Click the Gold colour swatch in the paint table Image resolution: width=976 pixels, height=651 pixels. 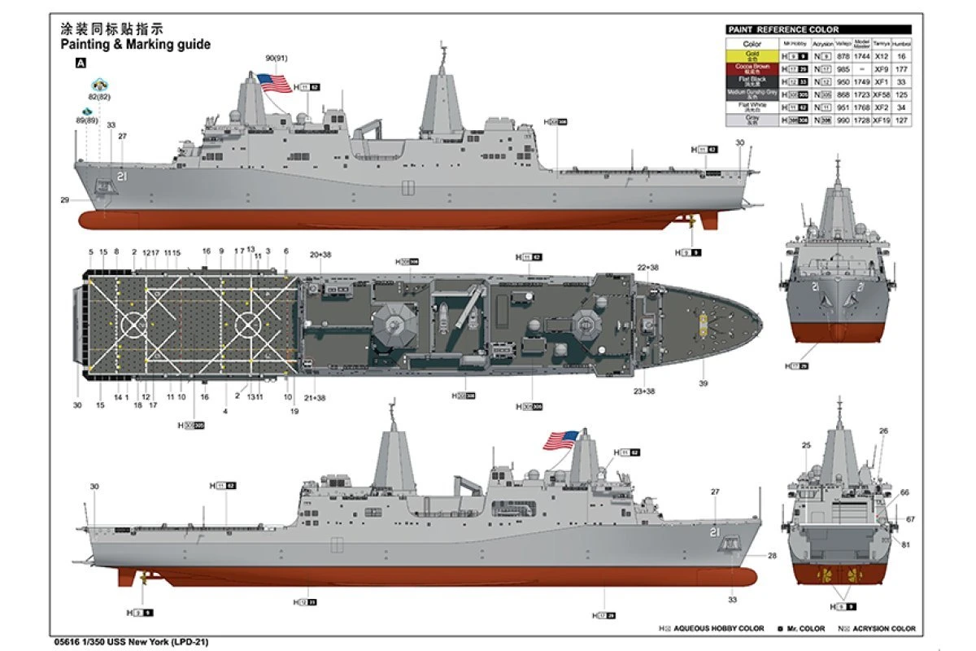click(752, 56)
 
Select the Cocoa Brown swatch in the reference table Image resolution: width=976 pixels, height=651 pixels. click(752, 68)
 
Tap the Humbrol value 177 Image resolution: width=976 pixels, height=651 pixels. click(901, 69)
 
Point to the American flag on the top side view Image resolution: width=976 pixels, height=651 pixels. click(274, 82)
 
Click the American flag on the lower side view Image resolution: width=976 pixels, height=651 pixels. click(560, 439)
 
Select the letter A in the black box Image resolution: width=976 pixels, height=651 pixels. click(81, 62)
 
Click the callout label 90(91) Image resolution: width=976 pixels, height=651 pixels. click(277, 58)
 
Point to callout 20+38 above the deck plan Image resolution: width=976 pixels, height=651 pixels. click(320, 255)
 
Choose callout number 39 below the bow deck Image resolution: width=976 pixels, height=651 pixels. click(704, 383)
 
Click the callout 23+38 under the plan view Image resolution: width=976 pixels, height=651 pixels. click(643, 391)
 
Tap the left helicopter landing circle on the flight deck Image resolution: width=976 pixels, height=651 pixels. click(133, 325)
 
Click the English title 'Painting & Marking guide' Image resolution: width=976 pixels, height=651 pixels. click(136, 44)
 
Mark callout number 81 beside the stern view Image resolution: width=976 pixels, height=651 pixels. click(905, 544)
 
